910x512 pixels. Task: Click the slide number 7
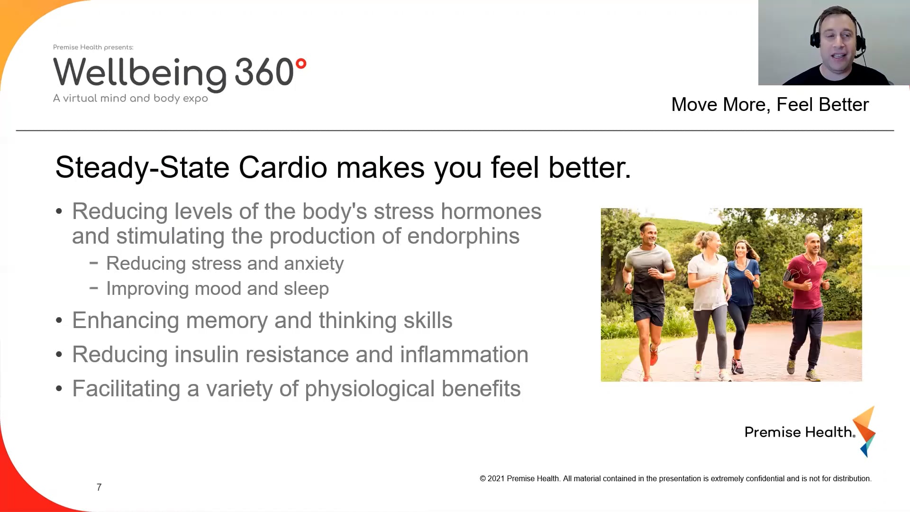(99, 487)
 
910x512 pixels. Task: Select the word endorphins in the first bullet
(463, 236)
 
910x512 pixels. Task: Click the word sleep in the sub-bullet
(306, 289)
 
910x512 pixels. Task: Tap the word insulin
(206, 355)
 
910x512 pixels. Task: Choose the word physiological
(370, 389)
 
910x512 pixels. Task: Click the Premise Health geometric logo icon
(864, 430)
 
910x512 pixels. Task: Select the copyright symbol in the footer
(483, 479)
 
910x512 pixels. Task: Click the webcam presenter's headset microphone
(859, 55)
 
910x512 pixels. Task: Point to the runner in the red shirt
(808, 303)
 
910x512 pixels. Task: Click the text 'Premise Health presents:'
(93, 47)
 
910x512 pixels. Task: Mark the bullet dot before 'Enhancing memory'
(59, 321)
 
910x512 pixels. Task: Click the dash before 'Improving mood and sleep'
(94, 288)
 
